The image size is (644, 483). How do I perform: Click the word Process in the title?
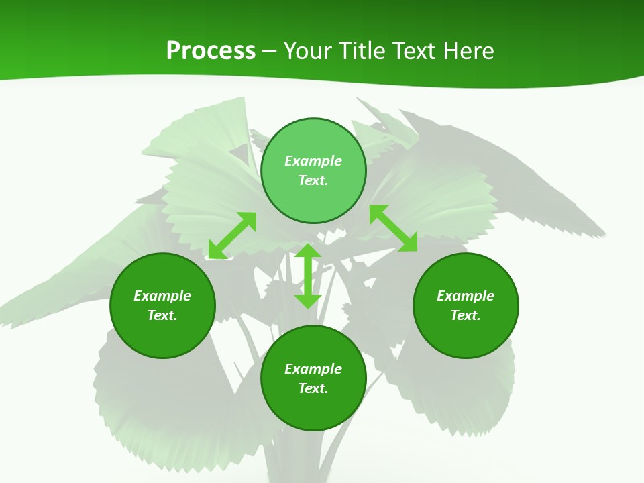pyautogui.click(x=211, y=51)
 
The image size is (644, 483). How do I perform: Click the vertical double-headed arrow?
pyautogui.click(x=308, y=276)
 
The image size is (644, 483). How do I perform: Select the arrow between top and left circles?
pyautogui.click(x=232, y=235)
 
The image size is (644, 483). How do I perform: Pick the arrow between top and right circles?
pyautogui.click(x=393, y=228)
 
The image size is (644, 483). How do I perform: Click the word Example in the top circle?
pyautogui.click(x=313, y=161)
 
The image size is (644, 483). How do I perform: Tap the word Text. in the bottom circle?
pyautogui.click(x=313, y=388)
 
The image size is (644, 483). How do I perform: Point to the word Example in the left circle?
pyautogui.click(x=162, y=296)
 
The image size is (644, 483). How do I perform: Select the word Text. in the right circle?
pyautogui.click(x=466, y=315)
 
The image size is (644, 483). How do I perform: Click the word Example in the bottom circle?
pyautogui.click(x=313, y=369)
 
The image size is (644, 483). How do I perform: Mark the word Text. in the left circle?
pyautogui.click(x=162, y=315)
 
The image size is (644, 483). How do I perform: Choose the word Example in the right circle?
pyautogui.click(x=466, y=296)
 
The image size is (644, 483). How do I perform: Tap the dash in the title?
pyautogui.click(x=270, y=51)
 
